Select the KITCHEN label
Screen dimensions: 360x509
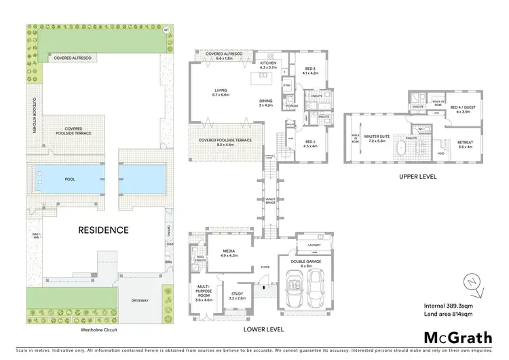(269, 65)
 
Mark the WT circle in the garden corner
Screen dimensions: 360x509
(166, 30)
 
